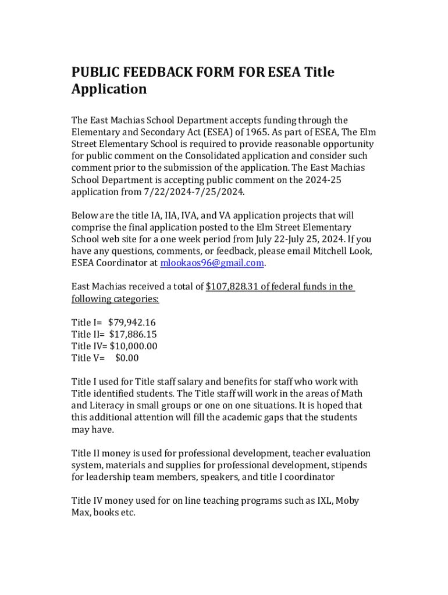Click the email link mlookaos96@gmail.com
[212, 263]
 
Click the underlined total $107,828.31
[233, 286]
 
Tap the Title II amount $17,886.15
[133, 334]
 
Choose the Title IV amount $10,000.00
[133, 346]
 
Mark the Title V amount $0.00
[127, 358]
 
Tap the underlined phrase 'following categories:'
[115, 299]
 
